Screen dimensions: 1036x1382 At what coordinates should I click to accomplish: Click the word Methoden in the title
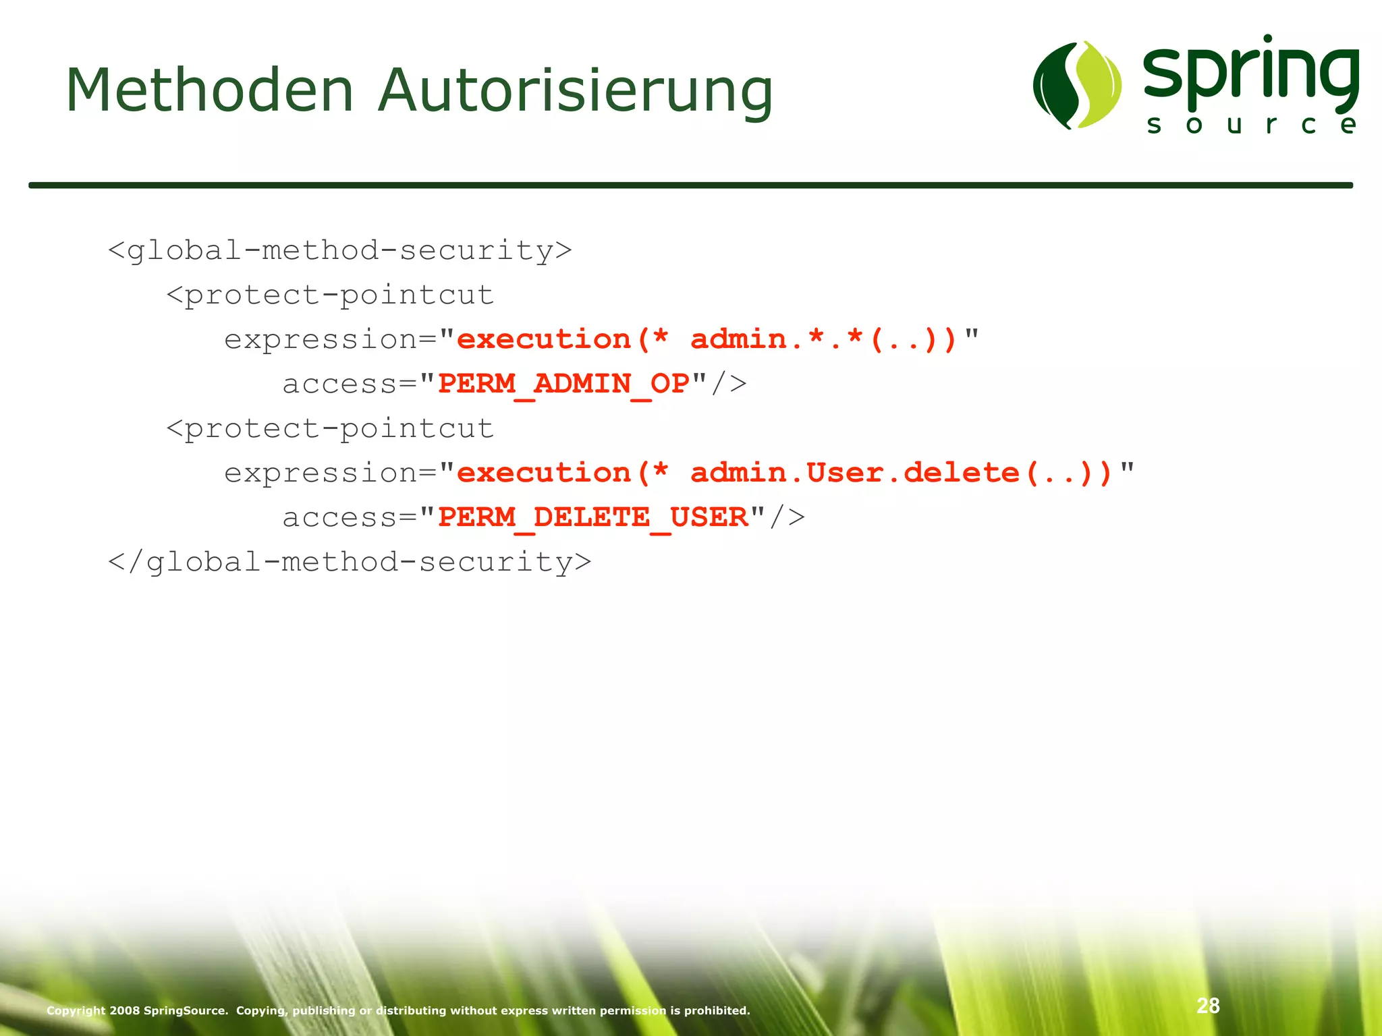click(210, 90)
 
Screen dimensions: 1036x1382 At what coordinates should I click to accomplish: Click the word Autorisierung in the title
click(575, 92)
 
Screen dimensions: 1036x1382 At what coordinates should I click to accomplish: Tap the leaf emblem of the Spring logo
click(1077, 85)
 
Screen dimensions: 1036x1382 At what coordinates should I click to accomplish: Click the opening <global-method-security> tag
click(340, 251)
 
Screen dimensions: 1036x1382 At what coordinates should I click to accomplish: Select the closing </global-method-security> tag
click(350, 563)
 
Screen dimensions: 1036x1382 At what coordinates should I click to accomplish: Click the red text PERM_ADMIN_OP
click(563, 384)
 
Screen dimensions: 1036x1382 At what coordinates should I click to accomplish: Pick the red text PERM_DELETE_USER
click(592, 518)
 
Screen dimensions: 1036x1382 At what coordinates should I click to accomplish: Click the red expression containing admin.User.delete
click(785, 473)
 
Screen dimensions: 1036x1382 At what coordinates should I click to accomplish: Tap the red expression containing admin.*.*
click(707, 340)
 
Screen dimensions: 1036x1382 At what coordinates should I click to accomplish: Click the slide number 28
click(1208, 1006)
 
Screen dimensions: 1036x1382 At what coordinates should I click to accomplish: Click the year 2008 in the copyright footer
click(125, 1010)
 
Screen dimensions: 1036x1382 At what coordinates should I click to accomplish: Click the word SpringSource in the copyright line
click(186, 1010)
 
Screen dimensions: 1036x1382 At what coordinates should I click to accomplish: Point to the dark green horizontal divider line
click(690, 185)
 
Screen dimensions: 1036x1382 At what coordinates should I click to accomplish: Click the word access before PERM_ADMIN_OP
click(339, 384)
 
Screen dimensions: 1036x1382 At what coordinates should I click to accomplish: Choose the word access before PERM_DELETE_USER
click(339, 518)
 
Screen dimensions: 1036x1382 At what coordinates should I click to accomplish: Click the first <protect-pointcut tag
click(331, 295)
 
